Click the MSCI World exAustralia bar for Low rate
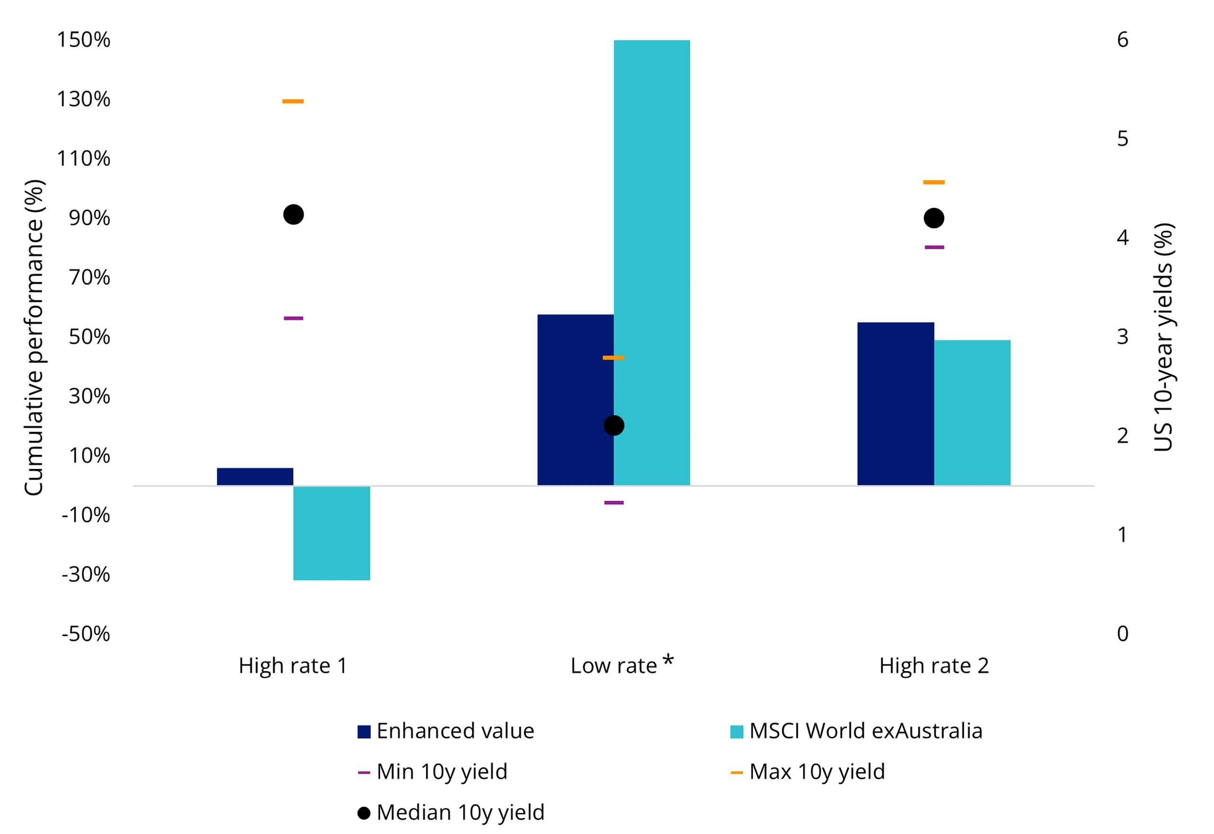pos(652,261)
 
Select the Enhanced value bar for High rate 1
pos(255,477)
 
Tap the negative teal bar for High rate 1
pos(331,533)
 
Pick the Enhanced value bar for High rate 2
pos(895,403)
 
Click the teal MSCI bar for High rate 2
pos(972,413)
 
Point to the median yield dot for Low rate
pos(613,426)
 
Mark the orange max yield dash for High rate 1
pos(292,101)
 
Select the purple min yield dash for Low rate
pos(613,503)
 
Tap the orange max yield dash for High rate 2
pos(933,182)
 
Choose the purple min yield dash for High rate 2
pos(934,247)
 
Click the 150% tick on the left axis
pos(83,40)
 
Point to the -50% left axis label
pos(86,634)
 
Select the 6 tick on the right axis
pos(1122,40)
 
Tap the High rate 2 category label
pos(933,666)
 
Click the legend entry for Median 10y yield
pos(451,813)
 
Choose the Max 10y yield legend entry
pos(807,772)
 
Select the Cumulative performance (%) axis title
pos(35,337)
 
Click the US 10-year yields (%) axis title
pos(1163,337)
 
